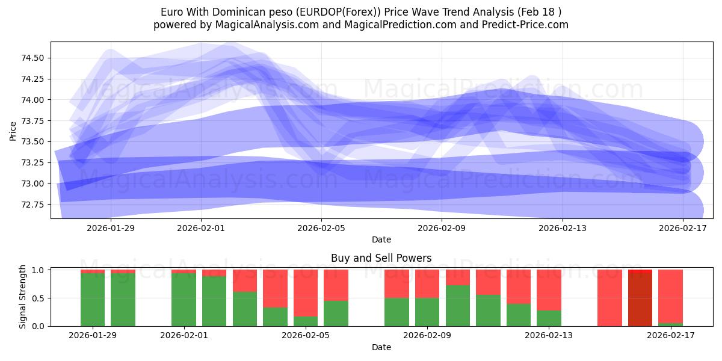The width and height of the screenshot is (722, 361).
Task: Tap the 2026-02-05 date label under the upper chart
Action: [321, 228]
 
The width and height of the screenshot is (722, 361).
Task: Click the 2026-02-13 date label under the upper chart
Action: [563, 228]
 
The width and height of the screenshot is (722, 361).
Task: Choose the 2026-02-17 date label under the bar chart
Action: [670, 336]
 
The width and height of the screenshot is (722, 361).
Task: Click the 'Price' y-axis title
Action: [13, 131]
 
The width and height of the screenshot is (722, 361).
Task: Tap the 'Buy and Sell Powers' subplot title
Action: [381, 258]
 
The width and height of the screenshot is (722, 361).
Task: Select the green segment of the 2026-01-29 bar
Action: [93, 300]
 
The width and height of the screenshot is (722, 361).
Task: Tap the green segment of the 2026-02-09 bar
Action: [427, 312]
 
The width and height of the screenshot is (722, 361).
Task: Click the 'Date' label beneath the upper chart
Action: [381, 239]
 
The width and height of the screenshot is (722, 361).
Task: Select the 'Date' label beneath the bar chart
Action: [381, 347]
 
